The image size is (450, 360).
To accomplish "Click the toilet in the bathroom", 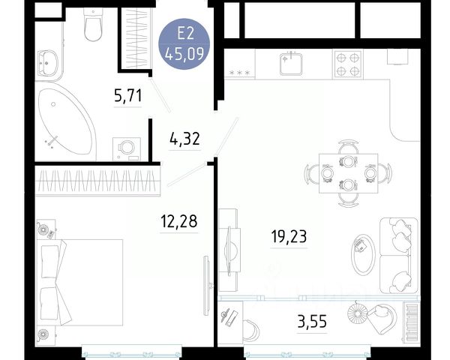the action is pyautogui.click(x=93, y=25).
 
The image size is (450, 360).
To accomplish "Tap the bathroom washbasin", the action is pyautogui.click(x=48, y=63).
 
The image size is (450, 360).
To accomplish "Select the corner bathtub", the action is pyautogui.click(x=66, y=121).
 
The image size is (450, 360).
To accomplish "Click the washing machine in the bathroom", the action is pyautogui.click(x=127, y=149).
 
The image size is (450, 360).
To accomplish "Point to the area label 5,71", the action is pyautogui.click(x=128, y=96).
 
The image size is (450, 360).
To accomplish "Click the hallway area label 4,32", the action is pyautogui.click(x=184, y=139).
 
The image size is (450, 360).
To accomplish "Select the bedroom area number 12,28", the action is pyautogui.click(x=179, y=221).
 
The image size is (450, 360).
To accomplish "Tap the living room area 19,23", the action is pyautogui.click(x=289, y=236).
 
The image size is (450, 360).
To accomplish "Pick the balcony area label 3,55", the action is pyautogui.click(x=312, y=321).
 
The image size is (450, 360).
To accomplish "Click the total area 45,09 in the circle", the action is pyautogui.click(x=184, y=54).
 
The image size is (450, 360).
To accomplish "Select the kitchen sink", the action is pyautogui.click(x=291, y=64).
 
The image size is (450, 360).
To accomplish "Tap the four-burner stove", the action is pyautogui.click(x=348, y=64).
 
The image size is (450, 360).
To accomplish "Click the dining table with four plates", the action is pyautogui.click(x=348, y=173).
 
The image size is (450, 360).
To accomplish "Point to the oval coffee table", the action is pyautogui.click(x=364, y=255).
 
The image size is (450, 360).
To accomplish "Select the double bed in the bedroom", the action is pyautogui.click(x=80, y=283).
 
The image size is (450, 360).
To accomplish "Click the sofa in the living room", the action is pyautogui.click(x=399, y=256).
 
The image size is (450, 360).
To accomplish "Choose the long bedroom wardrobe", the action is pyautogui.click(x=97, y=181).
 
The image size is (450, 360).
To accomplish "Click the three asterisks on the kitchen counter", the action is pyautogui.click(x=240, y=73).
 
